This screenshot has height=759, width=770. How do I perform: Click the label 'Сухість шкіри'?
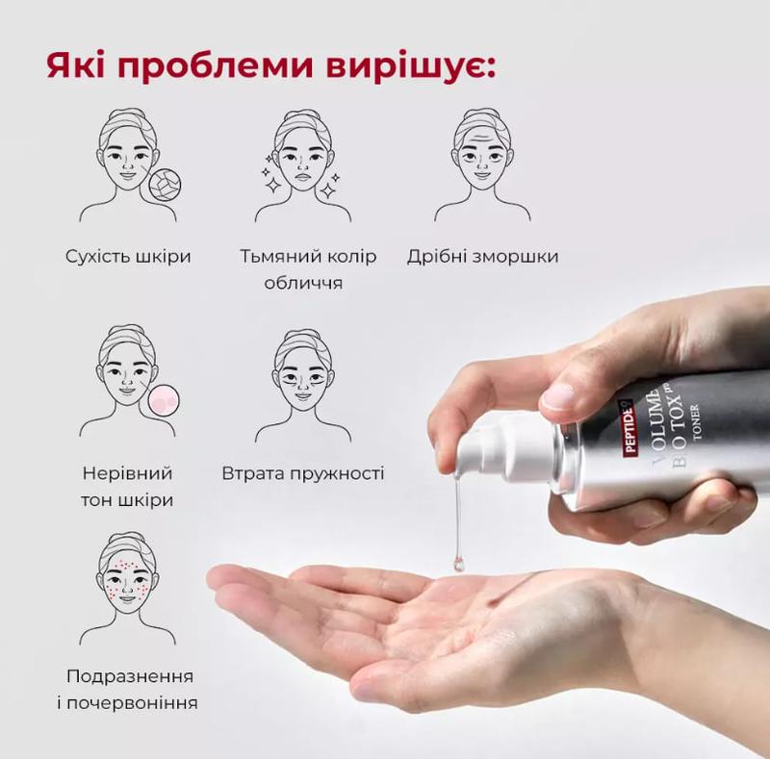(128, 256)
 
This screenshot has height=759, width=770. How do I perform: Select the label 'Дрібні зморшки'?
(483, 257)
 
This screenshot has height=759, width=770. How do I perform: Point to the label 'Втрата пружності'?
(302, 473)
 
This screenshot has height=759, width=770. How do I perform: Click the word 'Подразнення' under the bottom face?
(130, 677)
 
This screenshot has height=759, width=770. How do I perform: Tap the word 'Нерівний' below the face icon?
(128, 473)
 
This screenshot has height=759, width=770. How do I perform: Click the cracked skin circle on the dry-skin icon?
(165, 187)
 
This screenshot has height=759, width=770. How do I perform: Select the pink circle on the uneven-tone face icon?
(164, 402)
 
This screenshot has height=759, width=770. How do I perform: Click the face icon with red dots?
(127, 588)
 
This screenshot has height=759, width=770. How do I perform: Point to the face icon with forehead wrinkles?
(482, 164)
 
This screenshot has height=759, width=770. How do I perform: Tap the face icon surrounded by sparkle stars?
(302, 164)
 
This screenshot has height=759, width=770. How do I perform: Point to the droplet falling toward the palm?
(459, 563)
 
